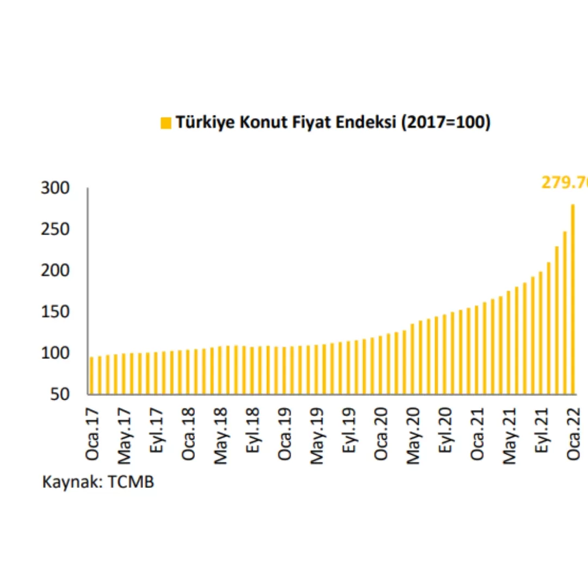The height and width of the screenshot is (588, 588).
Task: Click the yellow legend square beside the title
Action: point(166,124)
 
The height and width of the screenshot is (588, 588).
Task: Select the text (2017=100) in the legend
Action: point(445,123)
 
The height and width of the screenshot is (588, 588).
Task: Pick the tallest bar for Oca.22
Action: point(573,299)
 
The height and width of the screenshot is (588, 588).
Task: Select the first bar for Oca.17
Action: point(91,376)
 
